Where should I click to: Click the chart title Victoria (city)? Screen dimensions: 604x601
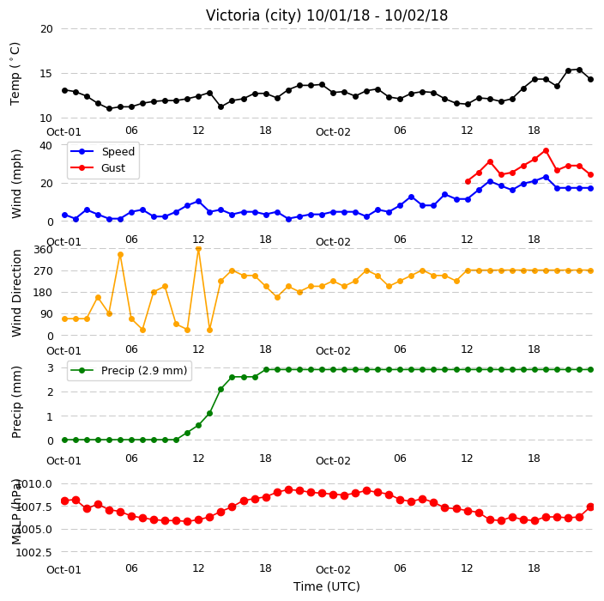click(253, 15)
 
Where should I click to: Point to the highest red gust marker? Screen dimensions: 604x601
click(546, 151)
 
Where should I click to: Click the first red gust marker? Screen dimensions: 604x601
click(468, 181)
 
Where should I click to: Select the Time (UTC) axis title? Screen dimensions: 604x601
click(327, 586)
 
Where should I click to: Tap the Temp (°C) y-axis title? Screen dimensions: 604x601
click(15, 74)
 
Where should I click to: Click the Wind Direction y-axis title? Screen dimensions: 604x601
click(16, 294)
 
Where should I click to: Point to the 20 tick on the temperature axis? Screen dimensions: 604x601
click(46, 29)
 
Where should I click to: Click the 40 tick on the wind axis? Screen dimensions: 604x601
click(45, 146)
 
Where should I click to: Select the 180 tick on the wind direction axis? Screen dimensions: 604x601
click(43, 293)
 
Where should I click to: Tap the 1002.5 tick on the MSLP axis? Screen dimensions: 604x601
click(33, 552)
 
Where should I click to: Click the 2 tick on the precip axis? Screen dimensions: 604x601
click(51, 392)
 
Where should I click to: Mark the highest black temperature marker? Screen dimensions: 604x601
click(579, 70)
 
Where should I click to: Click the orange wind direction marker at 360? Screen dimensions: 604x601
click(199, 249)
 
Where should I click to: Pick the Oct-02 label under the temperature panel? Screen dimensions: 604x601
click(333, 132)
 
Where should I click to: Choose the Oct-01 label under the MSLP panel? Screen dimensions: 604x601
click(64, 570)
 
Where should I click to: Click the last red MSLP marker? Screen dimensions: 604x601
click(590, 507)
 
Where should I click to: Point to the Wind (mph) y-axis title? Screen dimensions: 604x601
click(16, 184)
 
